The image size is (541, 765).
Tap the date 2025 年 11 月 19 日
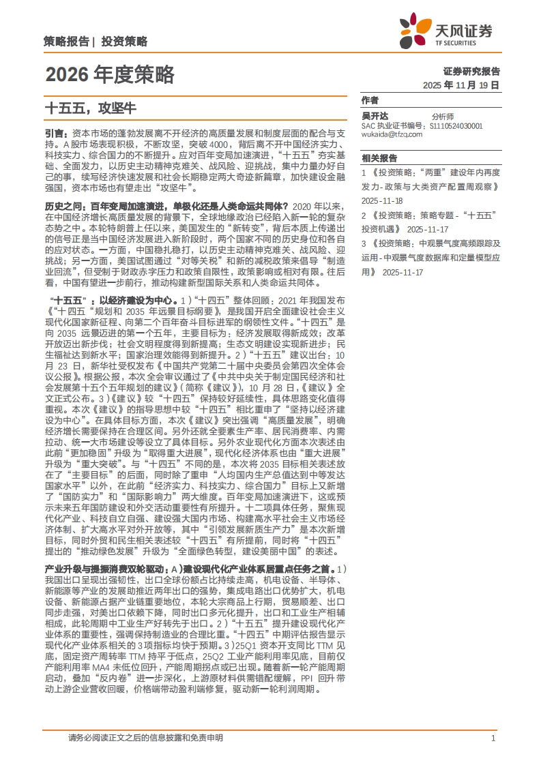461,85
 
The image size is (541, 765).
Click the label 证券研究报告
471,71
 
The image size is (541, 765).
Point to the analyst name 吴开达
375,117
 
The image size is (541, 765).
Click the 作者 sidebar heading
370,100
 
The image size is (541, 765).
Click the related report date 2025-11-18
383,201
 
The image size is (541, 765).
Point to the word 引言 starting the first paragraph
55,134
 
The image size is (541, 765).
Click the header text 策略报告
65,42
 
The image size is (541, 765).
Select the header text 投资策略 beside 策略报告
124,42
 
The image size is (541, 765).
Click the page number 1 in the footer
493,738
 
